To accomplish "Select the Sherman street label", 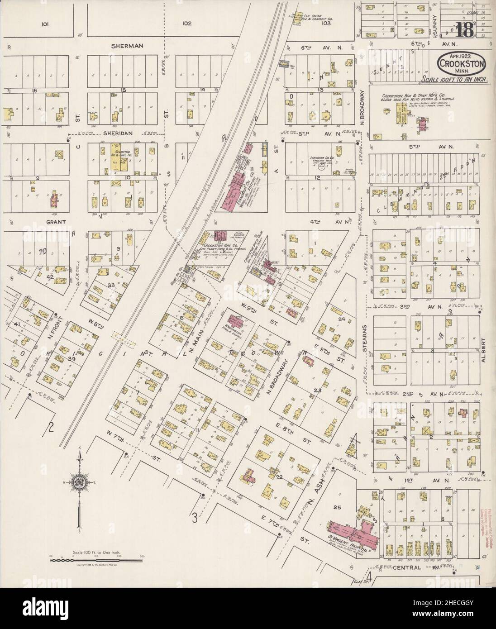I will coord(129,46).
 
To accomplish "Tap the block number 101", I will coord(44,24).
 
